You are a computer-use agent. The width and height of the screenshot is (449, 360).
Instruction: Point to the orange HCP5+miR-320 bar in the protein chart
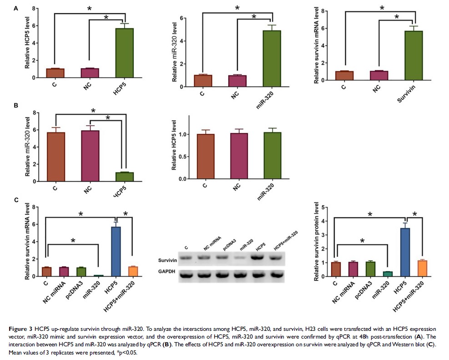(422, 268)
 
